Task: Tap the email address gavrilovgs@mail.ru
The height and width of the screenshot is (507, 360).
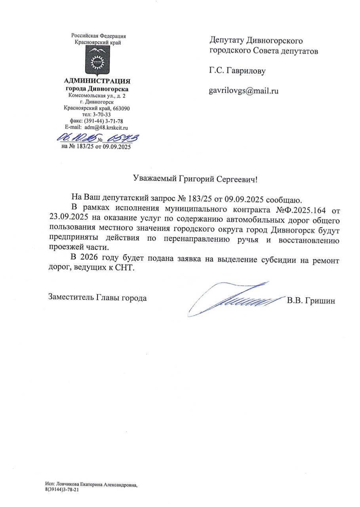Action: pos(244,91)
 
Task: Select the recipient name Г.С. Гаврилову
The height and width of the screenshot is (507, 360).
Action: pos(237,71)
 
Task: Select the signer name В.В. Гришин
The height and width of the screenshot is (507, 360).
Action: pos(311,301)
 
